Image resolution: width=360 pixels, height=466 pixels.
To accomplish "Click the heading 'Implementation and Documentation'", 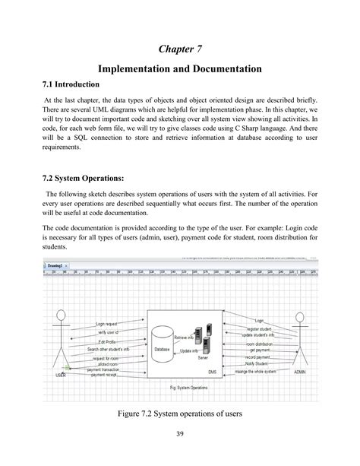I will pos(179,69).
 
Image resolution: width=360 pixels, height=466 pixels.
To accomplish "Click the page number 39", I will pos(180,434).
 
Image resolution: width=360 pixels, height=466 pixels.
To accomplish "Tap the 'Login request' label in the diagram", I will pos(111,323).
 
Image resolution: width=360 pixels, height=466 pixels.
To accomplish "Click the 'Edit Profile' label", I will pos(112,341).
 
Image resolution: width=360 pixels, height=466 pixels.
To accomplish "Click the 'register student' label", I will pos(258,328).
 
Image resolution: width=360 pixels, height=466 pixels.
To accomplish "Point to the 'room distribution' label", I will pos(259,344).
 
